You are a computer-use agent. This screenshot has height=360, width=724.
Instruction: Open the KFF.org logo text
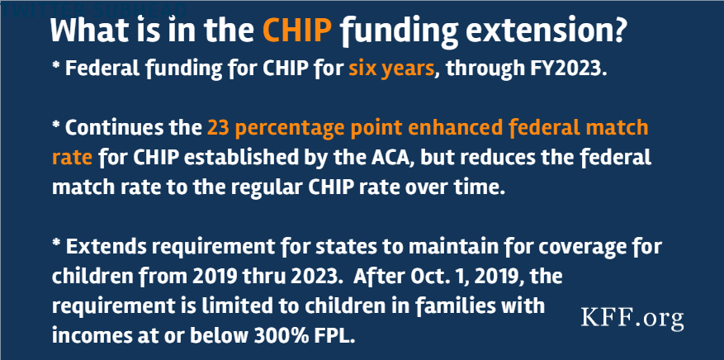(x=632, y=318)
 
